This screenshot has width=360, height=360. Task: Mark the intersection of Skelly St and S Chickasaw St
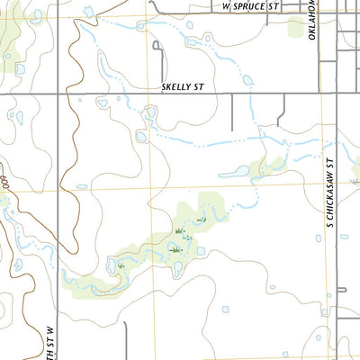pyautogui.click(x=337, y=93)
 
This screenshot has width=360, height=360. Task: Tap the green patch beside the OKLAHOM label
pyautogui.click(x=297, y=27)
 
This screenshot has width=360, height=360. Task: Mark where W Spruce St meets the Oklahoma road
pyautogui.click(x=321, y=12)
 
